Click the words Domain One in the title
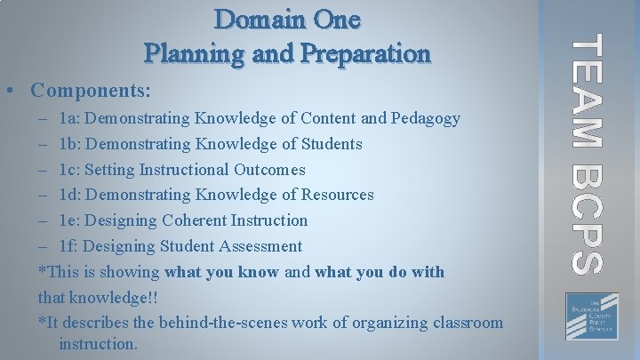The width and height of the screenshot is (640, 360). pyautogui.click(x=288, y=19)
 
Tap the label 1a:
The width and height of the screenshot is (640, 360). pyautogui.click(x=69, y=118)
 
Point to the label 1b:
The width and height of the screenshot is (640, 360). pyautogui.click(x=70, y=144)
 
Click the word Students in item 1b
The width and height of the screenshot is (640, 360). pyautogui.click(x=330, y=144)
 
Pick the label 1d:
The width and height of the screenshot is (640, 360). pyautogui.click(x=70, y=195)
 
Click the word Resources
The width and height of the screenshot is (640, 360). pyautogui.click(x=336, y=195)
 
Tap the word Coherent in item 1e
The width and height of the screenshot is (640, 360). pyautogui.click(x=194, y=220)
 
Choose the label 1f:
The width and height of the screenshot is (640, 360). pyautogui.click(x=69, y=246)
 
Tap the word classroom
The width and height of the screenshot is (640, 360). pyautogui.click(x=466, y=323)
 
